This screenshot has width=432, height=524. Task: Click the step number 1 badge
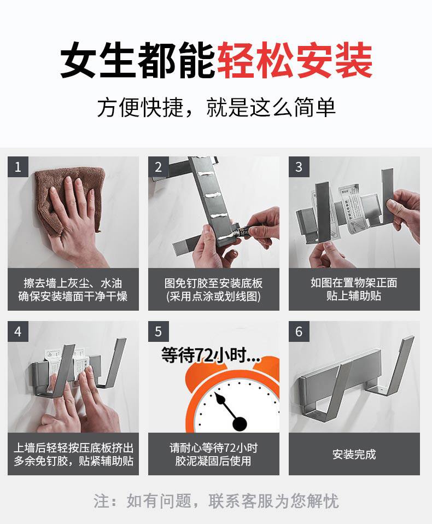click(x=18, y=167)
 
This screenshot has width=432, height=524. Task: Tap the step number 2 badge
click(x=159, y=167)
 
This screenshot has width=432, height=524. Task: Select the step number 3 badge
click(x=299, y=167)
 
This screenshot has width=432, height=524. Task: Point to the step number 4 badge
click(x=18, y=331)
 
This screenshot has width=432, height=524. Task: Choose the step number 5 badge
click(x=159, y=331)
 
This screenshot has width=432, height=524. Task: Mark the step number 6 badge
click(x=299, y=331)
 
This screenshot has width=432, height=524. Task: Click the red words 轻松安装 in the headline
click(x=295, y=60)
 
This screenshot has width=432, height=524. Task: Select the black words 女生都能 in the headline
click(x=138, y=60)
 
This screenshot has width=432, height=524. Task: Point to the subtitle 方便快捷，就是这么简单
click(x=216, y=108)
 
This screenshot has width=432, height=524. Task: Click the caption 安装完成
click(x=354, y=455)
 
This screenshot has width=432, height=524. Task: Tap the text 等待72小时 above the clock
click(x=211, y=355)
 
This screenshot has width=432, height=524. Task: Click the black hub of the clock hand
click(x=240, y=424)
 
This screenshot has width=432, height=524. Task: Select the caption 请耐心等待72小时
click(x=213, y=448)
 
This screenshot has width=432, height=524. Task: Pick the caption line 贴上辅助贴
click(x=354, y=296)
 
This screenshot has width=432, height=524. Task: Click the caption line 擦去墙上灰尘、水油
click(x=73, y=283)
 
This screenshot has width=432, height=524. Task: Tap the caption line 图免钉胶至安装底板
click(x=213, y=283)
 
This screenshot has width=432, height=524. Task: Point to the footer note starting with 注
click(x=216, y=501)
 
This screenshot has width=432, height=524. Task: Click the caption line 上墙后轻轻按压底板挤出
click(x=73, y=448)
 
